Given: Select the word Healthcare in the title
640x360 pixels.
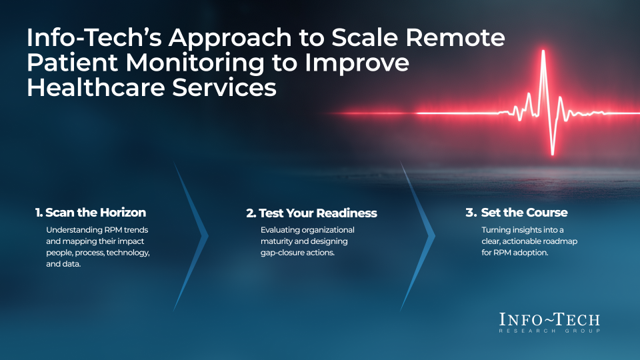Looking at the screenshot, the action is tap(96, 87).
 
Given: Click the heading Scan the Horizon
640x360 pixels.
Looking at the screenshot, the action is tap(95, 213).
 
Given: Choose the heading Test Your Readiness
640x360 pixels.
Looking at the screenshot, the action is tap(317, 213).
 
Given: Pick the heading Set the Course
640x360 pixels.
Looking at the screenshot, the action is tap(524, 213).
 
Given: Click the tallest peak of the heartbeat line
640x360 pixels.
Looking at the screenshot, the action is tap(543, 51).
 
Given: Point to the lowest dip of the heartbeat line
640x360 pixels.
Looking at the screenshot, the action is tap(553, 153).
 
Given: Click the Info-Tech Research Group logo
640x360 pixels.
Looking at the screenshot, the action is tap(549, 323).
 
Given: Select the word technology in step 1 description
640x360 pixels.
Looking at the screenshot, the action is tap(128, 253).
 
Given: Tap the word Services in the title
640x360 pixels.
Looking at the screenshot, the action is tap(224, 87).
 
